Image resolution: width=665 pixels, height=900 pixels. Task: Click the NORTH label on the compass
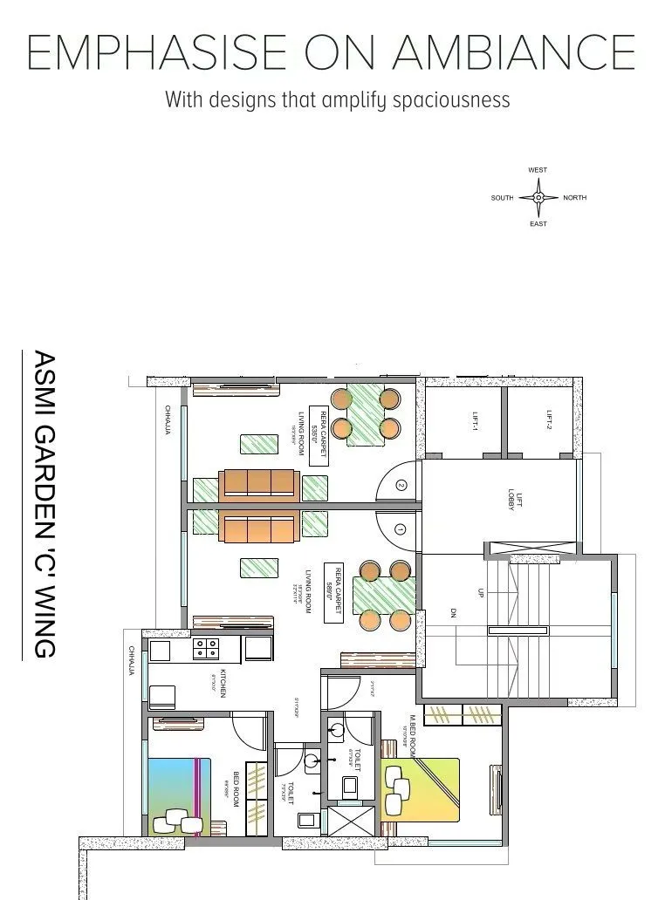pyautogui.click(x=575, y=198)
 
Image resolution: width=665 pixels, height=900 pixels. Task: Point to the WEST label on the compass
pyautogui.click(x=538, y=170)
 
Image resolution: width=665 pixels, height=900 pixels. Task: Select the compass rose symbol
pyautogui.click(x=538, y=198)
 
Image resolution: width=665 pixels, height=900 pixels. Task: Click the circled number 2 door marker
pyautogui.click(x=401, y=485)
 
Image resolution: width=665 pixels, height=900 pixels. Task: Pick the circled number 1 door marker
pyautogui.click(x=401, y=528)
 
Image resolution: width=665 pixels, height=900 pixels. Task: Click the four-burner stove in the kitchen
pyautogui.click(x=207, y=648)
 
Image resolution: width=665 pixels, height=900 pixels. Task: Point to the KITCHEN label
pyautogui.click(x=223, y=683)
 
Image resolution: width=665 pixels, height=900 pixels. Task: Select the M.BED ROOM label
pyautogui.click(x=412, y=734)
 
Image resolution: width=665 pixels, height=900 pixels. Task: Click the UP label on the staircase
pyautogui.click(x=479, y=592)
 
